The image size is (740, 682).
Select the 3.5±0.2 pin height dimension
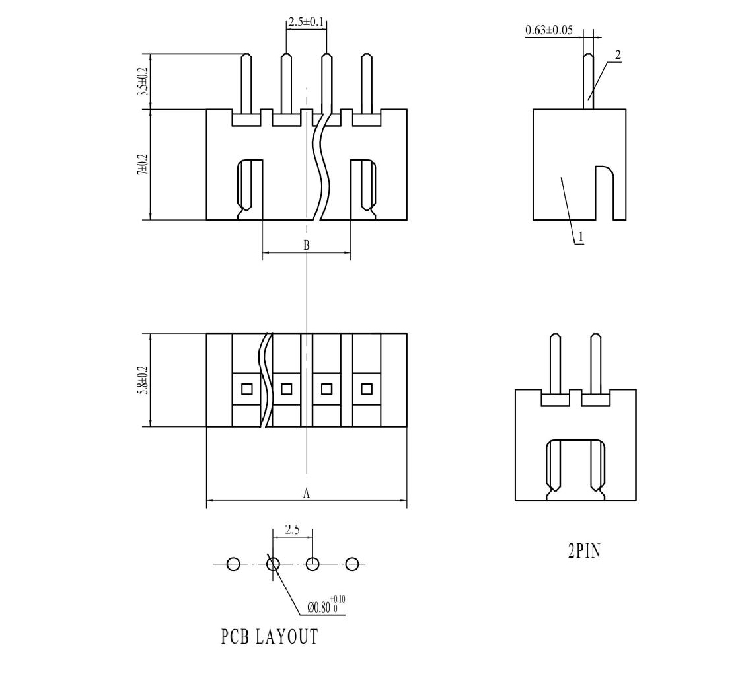(x=142, y=81)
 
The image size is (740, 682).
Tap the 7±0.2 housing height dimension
(x=142, y=163)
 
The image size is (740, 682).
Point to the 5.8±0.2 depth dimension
(x=142, y=380)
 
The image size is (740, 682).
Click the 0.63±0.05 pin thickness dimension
(x=549, y=30)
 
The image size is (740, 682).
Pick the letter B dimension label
(x=307, y=245)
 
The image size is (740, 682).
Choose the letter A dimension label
(x=306, y=493)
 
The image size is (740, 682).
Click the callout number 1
(x=579, y=236)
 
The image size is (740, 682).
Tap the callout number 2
(x=618, y=55)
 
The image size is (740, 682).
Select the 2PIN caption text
(x=584, y=550)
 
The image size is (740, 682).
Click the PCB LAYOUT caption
(x=270, y=636)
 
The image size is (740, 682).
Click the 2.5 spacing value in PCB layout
(x=293, y=529)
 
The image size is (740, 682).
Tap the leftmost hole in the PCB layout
(x=233, y=564)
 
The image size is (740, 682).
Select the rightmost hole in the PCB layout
(x=352, y=564)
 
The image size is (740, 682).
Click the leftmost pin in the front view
(x=246, y=83)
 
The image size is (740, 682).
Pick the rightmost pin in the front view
(x=367, y=83)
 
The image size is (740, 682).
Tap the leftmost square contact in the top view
(x=246, y=389)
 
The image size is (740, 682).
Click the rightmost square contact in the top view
(x=367, y=389)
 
